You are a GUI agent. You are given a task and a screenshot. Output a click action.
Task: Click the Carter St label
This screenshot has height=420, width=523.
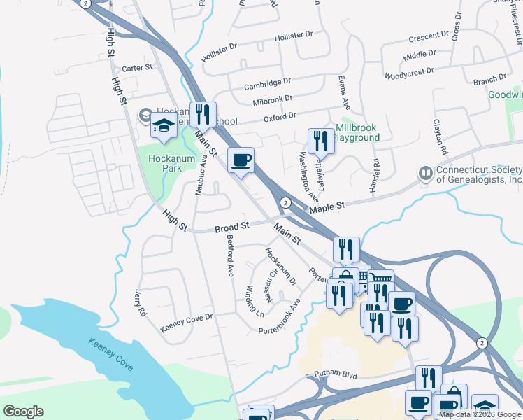pos(137,68)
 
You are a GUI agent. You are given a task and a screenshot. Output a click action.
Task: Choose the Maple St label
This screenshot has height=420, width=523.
pos(328,206)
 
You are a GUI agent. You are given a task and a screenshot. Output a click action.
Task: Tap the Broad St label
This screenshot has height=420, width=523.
pos(232,227)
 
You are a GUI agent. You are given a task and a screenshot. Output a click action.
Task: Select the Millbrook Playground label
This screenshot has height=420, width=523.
pos(357,133)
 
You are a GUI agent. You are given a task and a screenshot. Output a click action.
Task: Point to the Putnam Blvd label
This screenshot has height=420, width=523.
pos(336,376)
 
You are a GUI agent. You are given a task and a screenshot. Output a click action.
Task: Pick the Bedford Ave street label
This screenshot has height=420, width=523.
pos(229,255)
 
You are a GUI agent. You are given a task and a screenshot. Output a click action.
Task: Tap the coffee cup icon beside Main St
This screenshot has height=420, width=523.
pos(241,160)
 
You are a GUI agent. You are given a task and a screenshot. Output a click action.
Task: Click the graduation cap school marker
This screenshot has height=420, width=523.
pos(164,126)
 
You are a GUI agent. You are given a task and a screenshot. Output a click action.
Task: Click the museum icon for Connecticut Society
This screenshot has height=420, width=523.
pos(425,172)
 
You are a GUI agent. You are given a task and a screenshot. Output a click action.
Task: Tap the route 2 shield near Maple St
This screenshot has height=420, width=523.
pos(285,202)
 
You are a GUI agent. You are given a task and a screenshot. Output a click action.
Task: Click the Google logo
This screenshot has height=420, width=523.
pos(23,412)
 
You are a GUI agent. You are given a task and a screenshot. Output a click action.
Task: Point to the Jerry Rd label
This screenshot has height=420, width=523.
pos(141,301)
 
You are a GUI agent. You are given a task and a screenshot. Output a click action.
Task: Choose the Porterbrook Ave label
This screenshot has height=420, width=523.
pos(280,318)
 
